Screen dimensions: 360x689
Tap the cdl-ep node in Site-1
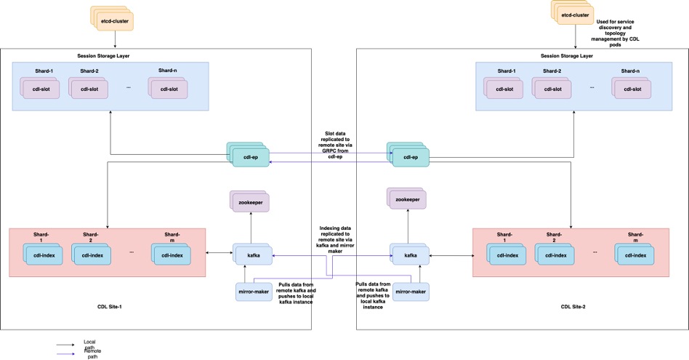pos(249,156)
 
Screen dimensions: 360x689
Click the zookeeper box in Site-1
pos(251,201)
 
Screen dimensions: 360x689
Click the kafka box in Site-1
pos(252,254)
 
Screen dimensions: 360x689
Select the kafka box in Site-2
pos(411,255)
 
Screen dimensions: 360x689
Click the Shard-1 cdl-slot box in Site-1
pos(40,89)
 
